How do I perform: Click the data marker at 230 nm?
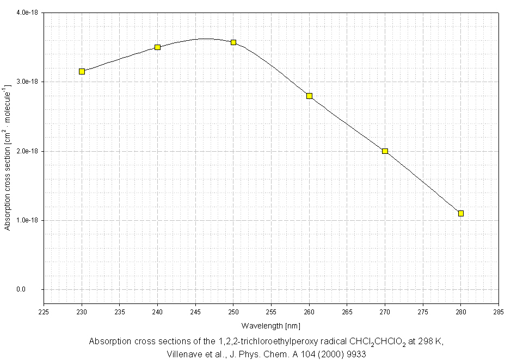pyautogui.click(x=82, y=71)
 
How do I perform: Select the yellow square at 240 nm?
pyautogui.click(x=157, y=47)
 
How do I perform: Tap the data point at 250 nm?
pyautogui.click(x=233, y=42)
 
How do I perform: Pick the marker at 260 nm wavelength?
pyautogui.click(x=309, y=96)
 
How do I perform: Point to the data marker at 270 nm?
pyautogui.click(x=385, y=151)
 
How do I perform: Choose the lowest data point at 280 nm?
pyautogui.click(x=461, y=213)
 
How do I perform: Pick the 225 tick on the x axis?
pyautogui.click(x=44, y=312)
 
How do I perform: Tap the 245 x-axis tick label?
pyautogui.click(x=195, y=312)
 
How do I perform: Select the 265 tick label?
pyautogui.click(x=347, y=312)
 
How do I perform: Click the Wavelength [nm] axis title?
pyautogui.click(x=271, y=325)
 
